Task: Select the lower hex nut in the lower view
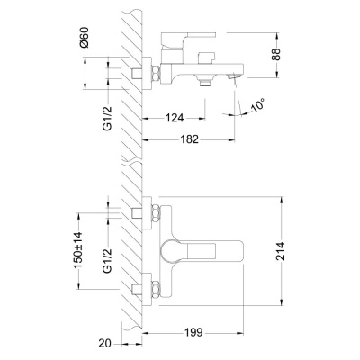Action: coord(155,291)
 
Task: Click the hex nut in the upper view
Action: coord(155,72)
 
